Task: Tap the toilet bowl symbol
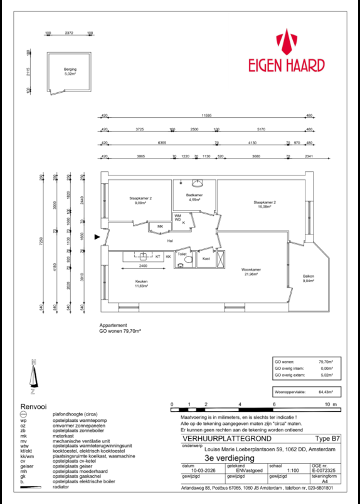[x=181, y=264]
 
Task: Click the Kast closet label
[x=205, y=258]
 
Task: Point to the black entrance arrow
[x=97, y=237]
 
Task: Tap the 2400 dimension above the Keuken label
[x=144, y=266]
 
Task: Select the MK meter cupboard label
[x=160, y=226]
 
